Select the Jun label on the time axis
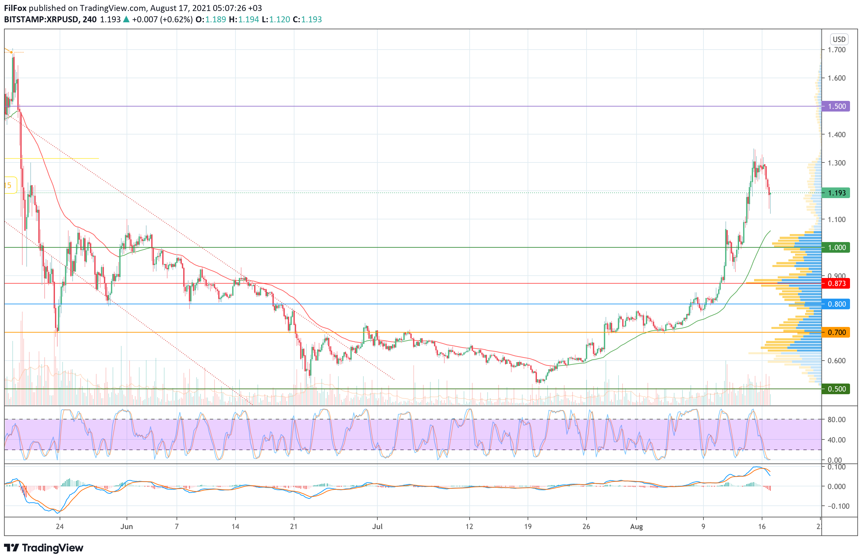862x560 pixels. (127, 527)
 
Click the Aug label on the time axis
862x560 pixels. (637, 527)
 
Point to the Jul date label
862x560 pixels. (377, 527)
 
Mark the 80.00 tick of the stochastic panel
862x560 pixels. (837, 420)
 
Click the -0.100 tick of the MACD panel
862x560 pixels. (838, 506)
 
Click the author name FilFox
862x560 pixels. (15, 8)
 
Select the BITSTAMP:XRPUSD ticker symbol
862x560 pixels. (41, 20)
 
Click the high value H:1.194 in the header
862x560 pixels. (244, 20)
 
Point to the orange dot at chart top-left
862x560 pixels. (12, 53)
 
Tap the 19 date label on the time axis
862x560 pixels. (528, 527)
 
